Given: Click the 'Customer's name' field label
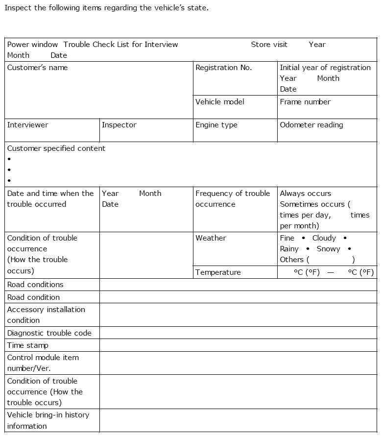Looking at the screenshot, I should click(37, 68).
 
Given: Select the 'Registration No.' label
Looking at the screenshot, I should click(223, 68).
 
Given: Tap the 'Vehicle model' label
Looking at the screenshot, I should click(219, 102).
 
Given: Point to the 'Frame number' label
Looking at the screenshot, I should click(305, 102).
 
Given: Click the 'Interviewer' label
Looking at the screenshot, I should click(27, 125).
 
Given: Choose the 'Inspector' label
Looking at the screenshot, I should click(119, 125).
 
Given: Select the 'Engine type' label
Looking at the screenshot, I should click(216, 125).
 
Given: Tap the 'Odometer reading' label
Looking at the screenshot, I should click(311, 125).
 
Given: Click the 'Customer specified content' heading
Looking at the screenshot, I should click(56, 148).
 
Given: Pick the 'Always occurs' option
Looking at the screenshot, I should click(305, 194).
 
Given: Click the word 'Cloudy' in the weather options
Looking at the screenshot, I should click(324, 238).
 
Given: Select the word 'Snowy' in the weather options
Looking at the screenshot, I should click(328, 249).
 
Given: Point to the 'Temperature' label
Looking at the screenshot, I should click(218, 272).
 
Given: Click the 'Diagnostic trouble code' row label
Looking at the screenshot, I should click(49, 333).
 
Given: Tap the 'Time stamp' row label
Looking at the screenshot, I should click(27, 345).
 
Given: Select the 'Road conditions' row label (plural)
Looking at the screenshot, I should click(35, 285).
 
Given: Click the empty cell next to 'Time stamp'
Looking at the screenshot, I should click(238, 345).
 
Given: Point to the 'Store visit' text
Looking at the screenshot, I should click(269, 45).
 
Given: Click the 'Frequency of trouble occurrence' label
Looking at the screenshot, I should click(232, 199).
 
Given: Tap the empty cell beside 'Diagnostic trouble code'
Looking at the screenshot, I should click(238, 333).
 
